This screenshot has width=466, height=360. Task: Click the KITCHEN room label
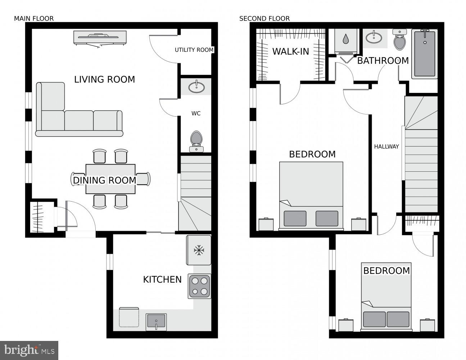[162, 279]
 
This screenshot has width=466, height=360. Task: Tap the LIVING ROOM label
[104, 79]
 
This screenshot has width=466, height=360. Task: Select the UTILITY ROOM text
[194, 50]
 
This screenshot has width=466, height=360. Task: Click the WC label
[196, 113]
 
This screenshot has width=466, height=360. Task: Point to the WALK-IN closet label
[290, 51]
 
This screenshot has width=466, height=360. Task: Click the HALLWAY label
[386, 147]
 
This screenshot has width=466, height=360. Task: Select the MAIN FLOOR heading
[34, 18]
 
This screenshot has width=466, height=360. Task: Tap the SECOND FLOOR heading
[264, 18]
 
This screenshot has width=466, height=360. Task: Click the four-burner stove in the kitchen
[199, 286]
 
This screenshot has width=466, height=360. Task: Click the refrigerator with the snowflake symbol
[198, 250]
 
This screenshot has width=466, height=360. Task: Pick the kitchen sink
[156, 321]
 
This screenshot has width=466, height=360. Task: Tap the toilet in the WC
[196, 141]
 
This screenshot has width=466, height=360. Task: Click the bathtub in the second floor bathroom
[425, 54]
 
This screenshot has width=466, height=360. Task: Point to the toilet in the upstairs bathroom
[399, 40]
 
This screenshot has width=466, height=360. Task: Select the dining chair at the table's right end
[144, 179]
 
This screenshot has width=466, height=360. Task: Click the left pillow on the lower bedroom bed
[374, 319]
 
